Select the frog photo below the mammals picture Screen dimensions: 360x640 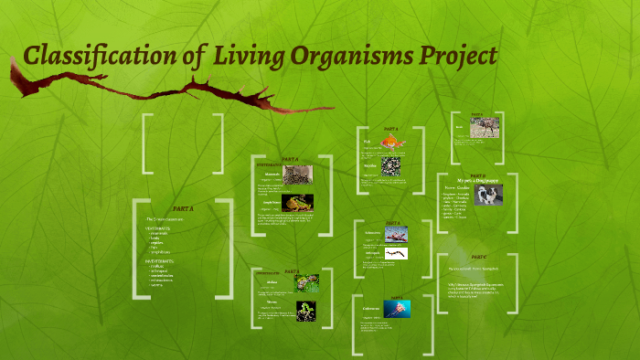pos(298,203)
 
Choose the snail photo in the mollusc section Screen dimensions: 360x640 pos(306,283)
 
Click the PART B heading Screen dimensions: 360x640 pos(478,175)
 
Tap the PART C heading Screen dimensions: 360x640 pos(478,257)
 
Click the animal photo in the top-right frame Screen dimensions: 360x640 pos(484,128)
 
